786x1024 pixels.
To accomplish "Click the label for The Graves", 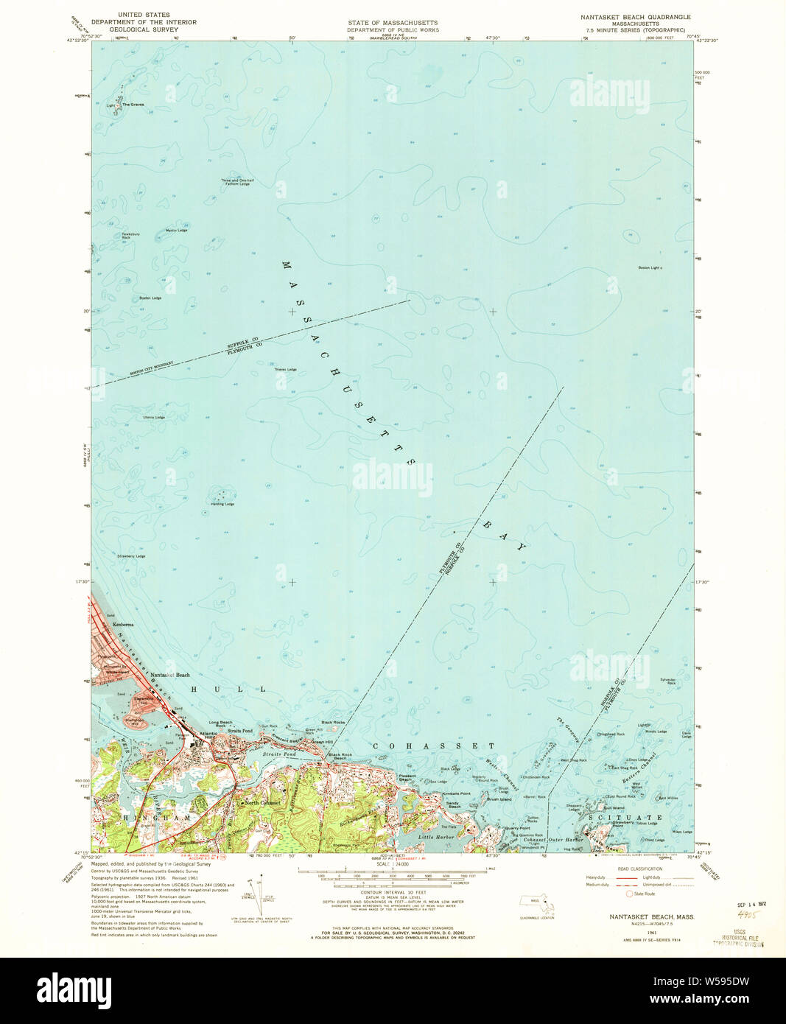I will click(133, 105).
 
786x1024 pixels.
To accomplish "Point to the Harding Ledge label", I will click(222, 504).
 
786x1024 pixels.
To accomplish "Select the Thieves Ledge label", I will click(285, 369).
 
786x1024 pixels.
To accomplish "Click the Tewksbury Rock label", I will click(131, 236).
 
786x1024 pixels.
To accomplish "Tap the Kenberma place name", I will click(123, 625).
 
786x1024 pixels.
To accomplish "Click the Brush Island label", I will click(499, 799).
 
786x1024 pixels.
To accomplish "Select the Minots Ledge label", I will click(656, 732).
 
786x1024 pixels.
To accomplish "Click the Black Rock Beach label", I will click(340, 757).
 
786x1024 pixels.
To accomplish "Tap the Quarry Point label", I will click(517, 828).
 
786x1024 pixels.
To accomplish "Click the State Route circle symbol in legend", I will click(628, 894).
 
